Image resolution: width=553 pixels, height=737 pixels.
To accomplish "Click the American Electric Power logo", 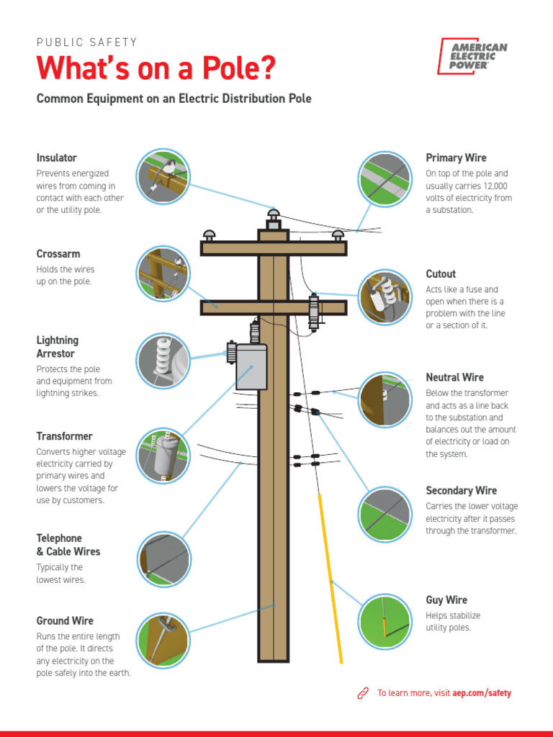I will point(472,57).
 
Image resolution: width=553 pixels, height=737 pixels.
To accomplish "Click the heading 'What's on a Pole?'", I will point(156,68).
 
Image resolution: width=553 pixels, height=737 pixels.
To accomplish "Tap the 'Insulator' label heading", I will point(57,158).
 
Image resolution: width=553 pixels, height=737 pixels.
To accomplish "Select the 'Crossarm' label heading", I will point(58,254).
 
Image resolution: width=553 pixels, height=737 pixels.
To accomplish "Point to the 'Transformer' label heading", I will point(65,436).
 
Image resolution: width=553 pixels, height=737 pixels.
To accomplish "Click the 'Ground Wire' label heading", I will point(65,620).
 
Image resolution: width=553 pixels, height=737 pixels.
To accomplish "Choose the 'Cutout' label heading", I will point(441,273).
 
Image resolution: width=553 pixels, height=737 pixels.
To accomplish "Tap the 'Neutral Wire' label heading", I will point(454,377).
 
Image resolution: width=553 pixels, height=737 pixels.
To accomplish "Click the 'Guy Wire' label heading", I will point(446,600).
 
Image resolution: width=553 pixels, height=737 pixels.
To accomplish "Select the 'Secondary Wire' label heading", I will point(461,490).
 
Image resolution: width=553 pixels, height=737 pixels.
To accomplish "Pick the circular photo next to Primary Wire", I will point(385,179).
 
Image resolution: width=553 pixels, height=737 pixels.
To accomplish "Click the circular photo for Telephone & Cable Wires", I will point(163,559).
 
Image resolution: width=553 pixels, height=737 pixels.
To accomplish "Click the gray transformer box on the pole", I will point(251,367).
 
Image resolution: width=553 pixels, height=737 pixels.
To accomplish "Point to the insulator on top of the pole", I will point(273,217).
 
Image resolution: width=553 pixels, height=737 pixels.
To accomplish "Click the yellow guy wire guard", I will point(331,576).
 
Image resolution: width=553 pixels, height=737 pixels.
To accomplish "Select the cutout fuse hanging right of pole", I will point(313,311).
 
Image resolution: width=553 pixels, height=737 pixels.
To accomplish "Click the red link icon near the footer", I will point(363,693).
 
